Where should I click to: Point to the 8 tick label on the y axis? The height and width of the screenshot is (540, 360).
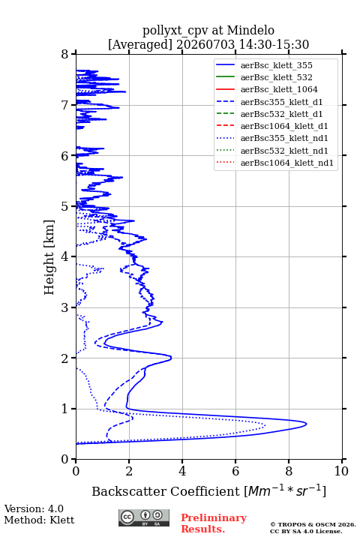pos(65,54)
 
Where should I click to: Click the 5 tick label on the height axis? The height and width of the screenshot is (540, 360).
pos(65,206)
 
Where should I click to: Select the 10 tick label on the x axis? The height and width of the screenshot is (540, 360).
pos(341,471)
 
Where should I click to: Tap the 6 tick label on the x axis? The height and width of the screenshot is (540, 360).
pos(235,471)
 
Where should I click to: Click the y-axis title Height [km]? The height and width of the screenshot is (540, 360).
pos(49,257)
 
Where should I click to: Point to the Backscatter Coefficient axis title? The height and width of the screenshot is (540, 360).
pos(208,490)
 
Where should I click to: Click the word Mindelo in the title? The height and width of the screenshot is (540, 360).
pos(250,30)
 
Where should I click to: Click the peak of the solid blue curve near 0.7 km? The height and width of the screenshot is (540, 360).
pos(306,424)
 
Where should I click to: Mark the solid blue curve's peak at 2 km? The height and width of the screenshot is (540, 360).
pos(171,358)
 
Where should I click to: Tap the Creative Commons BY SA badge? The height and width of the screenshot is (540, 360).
pos(144,517)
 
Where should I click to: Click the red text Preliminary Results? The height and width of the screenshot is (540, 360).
pos(214,523)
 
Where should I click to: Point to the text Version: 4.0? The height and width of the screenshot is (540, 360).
pos(34,508)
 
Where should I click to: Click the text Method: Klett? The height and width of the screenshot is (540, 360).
pos(39,520)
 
